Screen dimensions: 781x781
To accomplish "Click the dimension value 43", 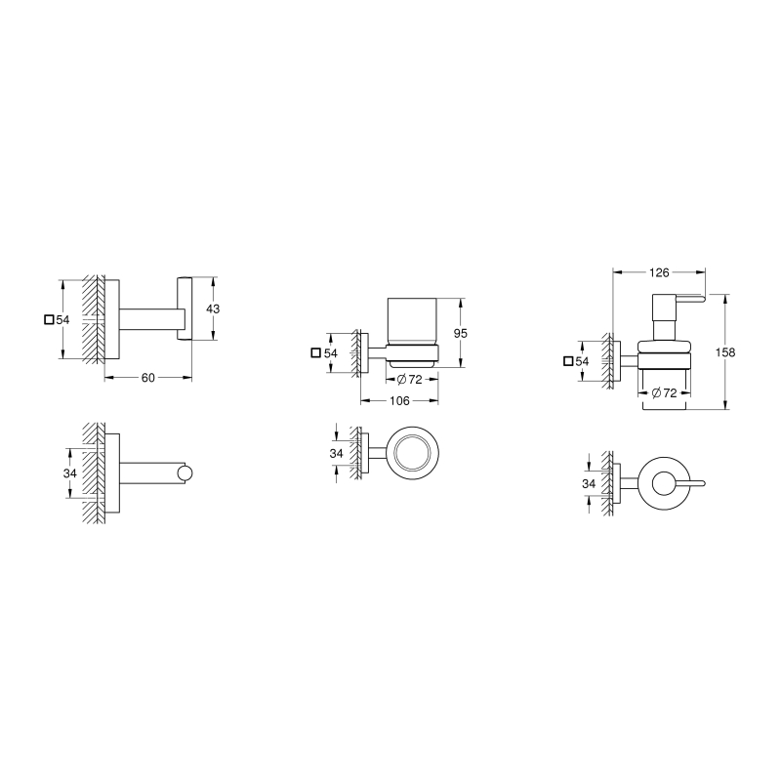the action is (x=213, y=308).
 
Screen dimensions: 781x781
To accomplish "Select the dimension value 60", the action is (x=148, y=378).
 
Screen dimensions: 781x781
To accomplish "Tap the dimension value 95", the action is (x=461, y=333).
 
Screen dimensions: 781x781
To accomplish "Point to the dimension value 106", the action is (x=399, y=401).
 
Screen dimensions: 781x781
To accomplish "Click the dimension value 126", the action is (x=659, y=272).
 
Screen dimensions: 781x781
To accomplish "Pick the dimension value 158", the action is (x=725, y=352).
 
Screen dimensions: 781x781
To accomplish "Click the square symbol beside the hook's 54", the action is (x=49, y=320).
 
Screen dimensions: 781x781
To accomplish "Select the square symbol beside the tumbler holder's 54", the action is (x=315, y=353).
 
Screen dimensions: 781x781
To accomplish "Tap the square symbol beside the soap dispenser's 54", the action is (x=568, y=361).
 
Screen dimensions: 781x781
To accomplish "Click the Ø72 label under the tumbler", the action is (x=409, y=380).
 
